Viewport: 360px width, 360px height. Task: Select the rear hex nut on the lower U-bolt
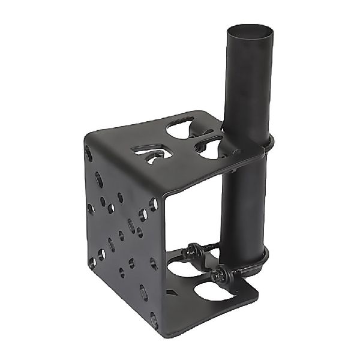pyautogui.click(x=195, y=248)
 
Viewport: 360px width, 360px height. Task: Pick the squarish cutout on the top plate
pyautogui.click(x=147, y=157)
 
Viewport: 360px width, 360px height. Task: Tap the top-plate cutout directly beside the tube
pyautogui.click(x=210, y=147)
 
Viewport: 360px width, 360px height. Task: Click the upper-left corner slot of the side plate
pyautogui.click(x=89, y=154)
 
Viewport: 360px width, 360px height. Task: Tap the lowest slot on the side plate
pyautogui.click(x=144, y=293)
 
